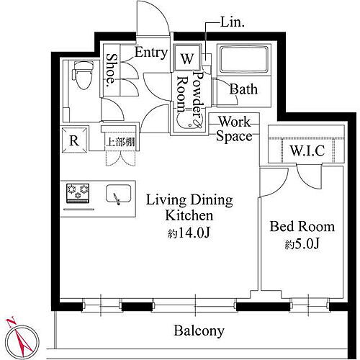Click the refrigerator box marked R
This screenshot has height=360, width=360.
click(x=74, y=141)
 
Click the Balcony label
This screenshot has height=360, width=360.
click(x=199, y=331)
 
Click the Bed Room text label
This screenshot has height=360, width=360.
click(x=302, y=227)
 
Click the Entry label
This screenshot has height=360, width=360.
click(x=150, y=53)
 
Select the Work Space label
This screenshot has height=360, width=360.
click(x=234, y=129)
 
